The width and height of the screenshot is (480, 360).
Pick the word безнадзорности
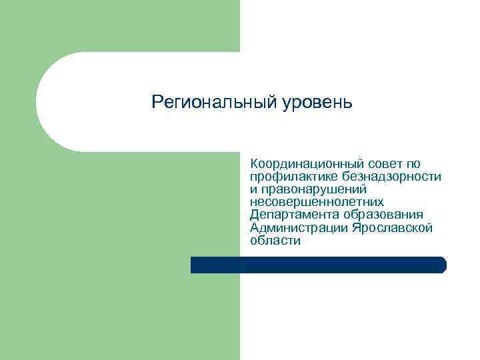pyautogui.click(x=391, y=177)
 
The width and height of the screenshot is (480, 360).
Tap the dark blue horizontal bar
pyautogui.click(x=318, y=265)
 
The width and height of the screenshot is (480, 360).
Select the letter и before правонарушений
pyautogui.click(x=253, y=190)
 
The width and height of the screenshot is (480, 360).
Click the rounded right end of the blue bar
pyautogui.click(x=442, y=265)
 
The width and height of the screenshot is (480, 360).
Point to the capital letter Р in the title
pyautogui.click(x=157, y=103)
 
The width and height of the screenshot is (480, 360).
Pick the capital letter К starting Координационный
pyautogui.click(x=254, y=164)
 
